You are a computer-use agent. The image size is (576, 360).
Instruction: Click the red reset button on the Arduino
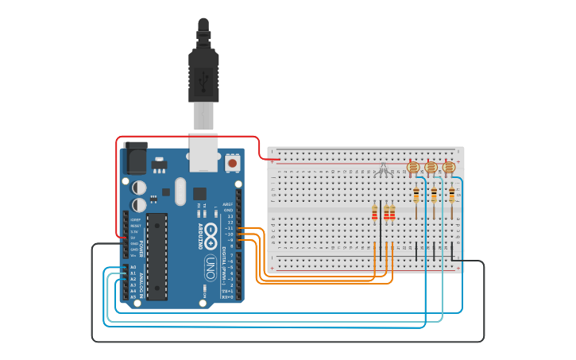233,163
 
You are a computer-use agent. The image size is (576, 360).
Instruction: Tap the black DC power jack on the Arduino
135,158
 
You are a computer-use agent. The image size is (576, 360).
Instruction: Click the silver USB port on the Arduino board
204,151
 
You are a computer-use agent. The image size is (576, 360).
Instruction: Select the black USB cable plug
203,75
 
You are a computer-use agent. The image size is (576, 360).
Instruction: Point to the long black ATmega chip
157,256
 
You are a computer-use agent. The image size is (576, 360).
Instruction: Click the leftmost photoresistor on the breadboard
412,167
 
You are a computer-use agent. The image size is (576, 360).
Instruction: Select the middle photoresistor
431,167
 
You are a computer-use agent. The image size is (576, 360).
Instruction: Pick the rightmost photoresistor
449,167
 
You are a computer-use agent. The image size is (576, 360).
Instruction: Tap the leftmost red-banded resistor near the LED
375,211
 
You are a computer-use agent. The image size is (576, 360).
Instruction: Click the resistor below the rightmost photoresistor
452,195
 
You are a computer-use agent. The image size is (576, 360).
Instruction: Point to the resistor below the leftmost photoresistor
416,195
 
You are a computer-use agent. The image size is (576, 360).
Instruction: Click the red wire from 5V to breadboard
191,137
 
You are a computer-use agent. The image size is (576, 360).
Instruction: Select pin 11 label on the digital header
230,228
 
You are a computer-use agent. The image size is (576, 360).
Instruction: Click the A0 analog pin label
133,268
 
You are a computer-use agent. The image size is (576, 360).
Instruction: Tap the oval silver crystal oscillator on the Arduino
180,191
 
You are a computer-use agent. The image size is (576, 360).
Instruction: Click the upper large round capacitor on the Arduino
139,188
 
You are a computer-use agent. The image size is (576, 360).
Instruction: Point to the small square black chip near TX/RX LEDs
199,193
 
